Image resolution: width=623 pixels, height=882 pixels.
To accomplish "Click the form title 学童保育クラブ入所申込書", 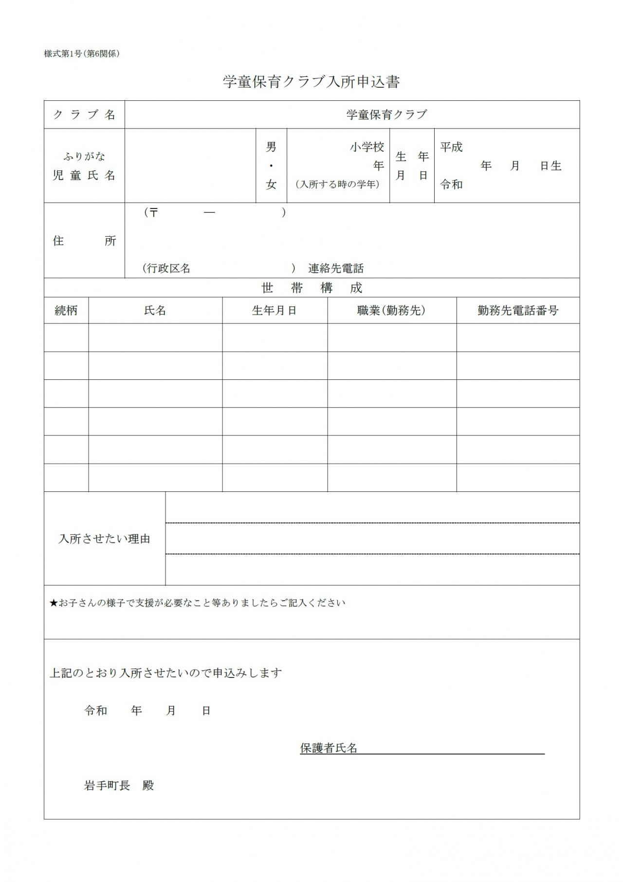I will (x=311, y=82).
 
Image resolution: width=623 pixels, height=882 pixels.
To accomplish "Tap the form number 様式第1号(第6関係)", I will (x=82, y=54).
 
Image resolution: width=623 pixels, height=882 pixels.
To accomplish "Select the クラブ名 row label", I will (x=84, y=115).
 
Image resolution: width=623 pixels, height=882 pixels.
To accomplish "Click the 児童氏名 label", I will (x=84, y=175).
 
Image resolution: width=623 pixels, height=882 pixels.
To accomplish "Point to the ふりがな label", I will (x=84, y=156).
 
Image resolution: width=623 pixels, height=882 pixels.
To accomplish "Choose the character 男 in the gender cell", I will (x=271, y=147).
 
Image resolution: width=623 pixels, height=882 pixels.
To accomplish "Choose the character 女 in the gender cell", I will (x=271, y=185).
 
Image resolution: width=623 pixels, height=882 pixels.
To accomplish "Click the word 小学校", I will (x=367, y=147).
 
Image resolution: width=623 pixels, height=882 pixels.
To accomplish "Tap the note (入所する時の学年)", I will (x=337, y=185).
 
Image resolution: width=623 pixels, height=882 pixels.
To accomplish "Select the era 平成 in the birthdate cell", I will (x=451, y=147).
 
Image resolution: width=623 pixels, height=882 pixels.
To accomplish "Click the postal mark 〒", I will (x=153, y=213).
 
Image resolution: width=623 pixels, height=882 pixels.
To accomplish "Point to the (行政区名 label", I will (x=166, y=268).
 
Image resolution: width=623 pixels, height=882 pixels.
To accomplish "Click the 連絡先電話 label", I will (x=336, y=268).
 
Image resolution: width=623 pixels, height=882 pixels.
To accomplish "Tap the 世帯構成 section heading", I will (x=312, y=288).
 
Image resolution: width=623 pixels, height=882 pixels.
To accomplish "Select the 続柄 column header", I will (x=66, y=311).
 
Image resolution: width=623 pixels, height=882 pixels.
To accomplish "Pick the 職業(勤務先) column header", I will (x=391, y=311).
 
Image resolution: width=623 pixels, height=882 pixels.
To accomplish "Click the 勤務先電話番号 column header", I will (x=518, y=311).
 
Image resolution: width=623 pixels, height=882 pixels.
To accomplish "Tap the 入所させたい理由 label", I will (x=104, y=539).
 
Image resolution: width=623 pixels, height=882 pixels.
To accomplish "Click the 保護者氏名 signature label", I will (x=329, y=749).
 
